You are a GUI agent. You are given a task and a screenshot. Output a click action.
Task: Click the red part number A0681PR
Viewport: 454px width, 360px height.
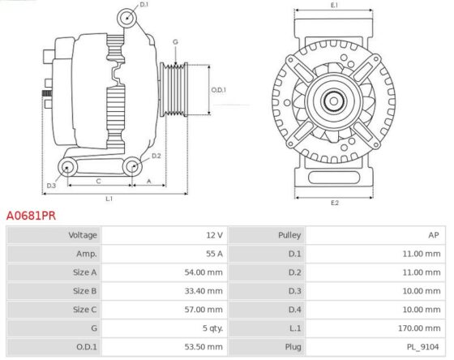pos(31,216)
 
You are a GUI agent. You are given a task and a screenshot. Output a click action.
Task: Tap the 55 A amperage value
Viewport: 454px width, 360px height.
pos(214,254)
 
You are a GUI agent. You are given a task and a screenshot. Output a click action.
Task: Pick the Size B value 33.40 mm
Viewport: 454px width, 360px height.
pos(203,291)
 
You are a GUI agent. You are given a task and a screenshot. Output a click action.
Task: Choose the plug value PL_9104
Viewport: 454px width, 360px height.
pos(423,347)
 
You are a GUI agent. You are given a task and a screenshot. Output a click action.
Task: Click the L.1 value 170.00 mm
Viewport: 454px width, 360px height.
pos(419,328)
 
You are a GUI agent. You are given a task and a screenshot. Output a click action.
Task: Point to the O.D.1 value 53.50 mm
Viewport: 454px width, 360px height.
pos(203,347)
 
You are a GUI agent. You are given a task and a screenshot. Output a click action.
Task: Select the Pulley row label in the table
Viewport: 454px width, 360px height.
pos(289,235)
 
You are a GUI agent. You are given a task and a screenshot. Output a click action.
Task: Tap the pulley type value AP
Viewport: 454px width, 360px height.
pos(434,235)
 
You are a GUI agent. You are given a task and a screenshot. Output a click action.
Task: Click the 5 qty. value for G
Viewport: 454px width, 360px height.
pos(212,328)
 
